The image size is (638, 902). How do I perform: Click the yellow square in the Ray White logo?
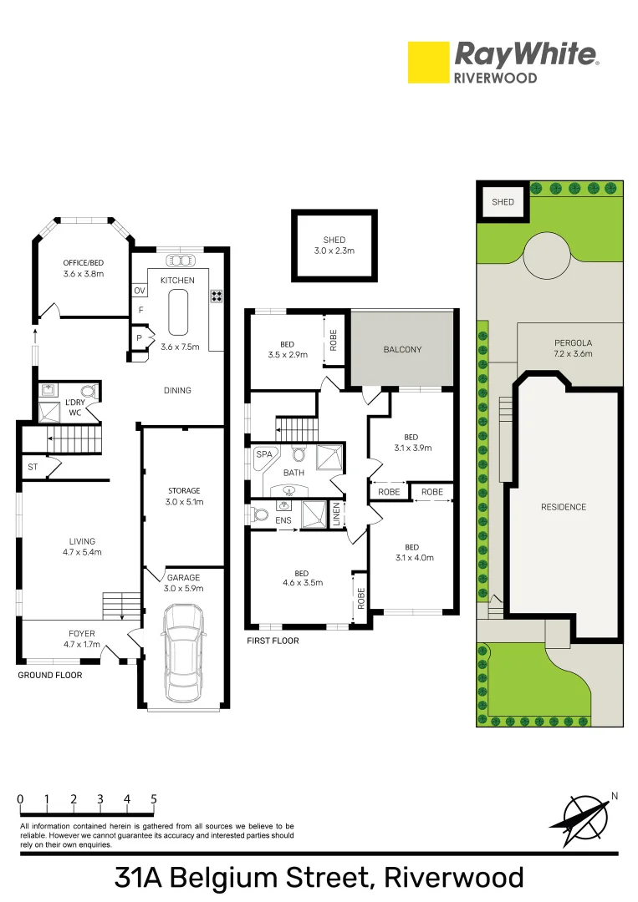tap(428, 62)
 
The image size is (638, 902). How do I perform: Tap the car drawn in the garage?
tap(184, 653)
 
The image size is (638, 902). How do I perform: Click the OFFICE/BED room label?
tap(84, 263)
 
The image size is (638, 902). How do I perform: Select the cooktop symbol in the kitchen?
tap(217, 296)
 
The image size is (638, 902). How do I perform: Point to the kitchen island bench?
tap(178, 312)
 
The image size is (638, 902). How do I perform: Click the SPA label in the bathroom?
tap(264, 454)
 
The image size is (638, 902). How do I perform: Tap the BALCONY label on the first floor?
tap(402, 349)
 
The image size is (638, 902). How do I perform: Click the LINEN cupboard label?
tap(337, 514)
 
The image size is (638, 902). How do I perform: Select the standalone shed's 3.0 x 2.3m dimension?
tap(334, 251)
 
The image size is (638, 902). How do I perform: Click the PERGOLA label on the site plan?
tap(573, 343)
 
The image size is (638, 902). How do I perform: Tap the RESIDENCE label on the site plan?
tap(563, 507)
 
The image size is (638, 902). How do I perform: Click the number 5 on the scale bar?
tap(154, 799)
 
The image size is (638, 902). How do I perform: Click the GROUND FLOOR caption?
tap(50, 675)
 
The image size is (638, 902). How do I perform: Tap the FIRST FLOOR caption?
tap(273, 641)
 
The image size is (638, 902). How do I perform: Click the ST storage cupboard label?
tap(33, 467)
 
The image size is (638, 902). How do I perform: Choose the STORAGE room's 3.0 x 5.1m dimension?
tap(184, 502)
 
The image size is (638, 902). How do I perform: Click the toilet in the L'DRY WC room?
tap(88, 392)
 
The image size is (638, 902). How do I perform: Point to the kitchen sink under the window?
tap(181, 261)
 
